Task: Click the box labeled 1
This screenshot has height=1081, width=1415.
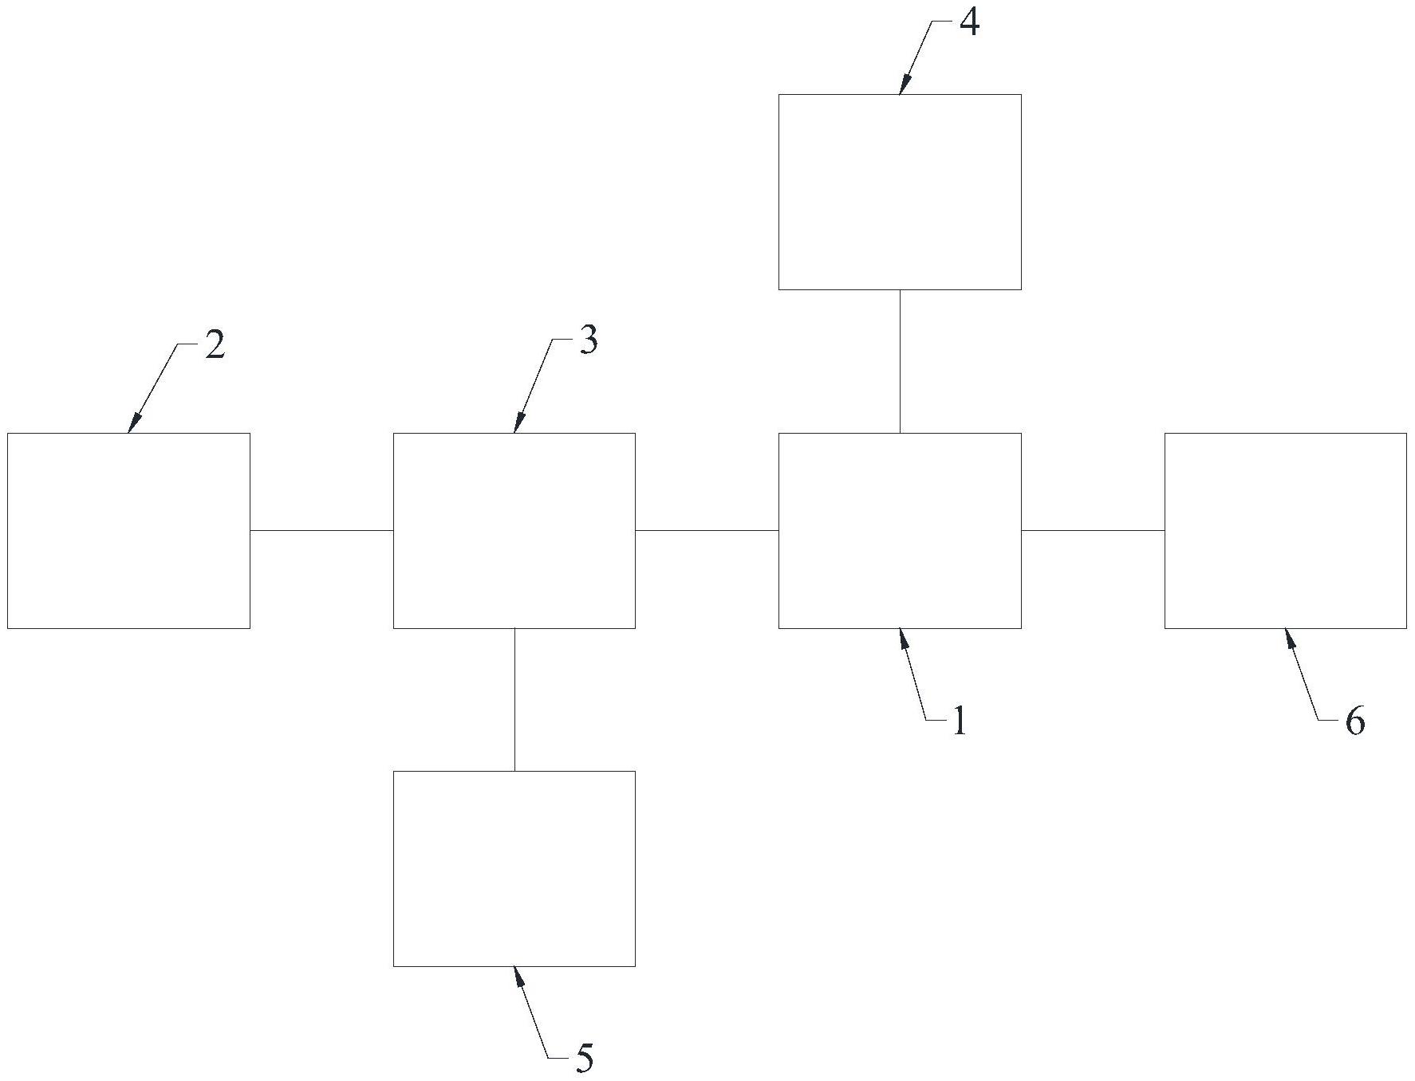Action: click(x=900, y=531)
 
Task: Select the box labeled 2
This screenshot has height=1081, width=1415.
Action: click(x=128, y=531)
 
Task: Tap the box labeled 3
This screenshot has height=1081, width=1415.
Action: click(x=514, y=531)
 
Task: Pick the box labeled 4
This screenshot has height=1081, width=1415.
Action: click(x=900, y=192)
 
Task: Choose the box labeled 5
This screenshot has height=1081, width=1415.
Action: click(x=514, y=869)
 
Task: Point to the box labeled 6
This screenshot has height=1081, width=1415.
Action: click(x=1286, y=531)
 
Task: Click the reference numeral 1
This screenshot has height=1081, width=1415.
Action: click(x=959, y=721)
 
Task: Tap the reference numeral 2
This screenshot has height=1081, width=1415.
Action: click(x=215, y=345)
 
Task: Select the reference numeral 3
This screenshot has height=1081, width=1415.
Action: click(x=588, y=341)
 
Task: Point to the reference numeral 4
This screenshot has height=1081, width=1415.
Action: click(x=968, y=23)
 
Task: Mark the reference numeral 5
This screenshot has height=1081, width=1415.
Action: click(x=585, y=1059)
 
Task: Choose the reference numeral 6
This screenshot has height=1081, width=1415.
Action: click(x=1355, y=721)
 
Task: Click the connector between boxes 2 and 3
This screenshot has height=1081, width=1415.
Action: click(x=321, y=530)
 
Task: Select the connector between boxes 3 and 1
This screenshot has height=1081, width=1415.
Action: click(x=707, y=530)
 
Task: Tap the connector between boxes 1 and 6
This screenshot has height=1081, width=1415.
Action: click(x=1093, y=530)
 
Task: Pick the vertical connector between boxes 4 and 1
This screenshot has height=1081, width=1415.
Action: click(x=900, y=361)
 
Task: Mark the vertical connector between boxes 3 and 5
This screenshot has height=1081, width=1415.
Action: click(x=514, y=700)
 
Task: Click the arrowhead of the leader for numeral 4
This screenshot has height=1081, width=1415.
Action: click(x=904, y=85)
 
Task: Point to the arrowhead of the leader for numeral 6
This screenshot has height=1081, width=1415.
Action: click(x=1289, y=639)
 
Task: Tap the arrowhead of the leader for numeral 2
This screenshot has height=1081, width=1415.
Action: click(x=133, y=423)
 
